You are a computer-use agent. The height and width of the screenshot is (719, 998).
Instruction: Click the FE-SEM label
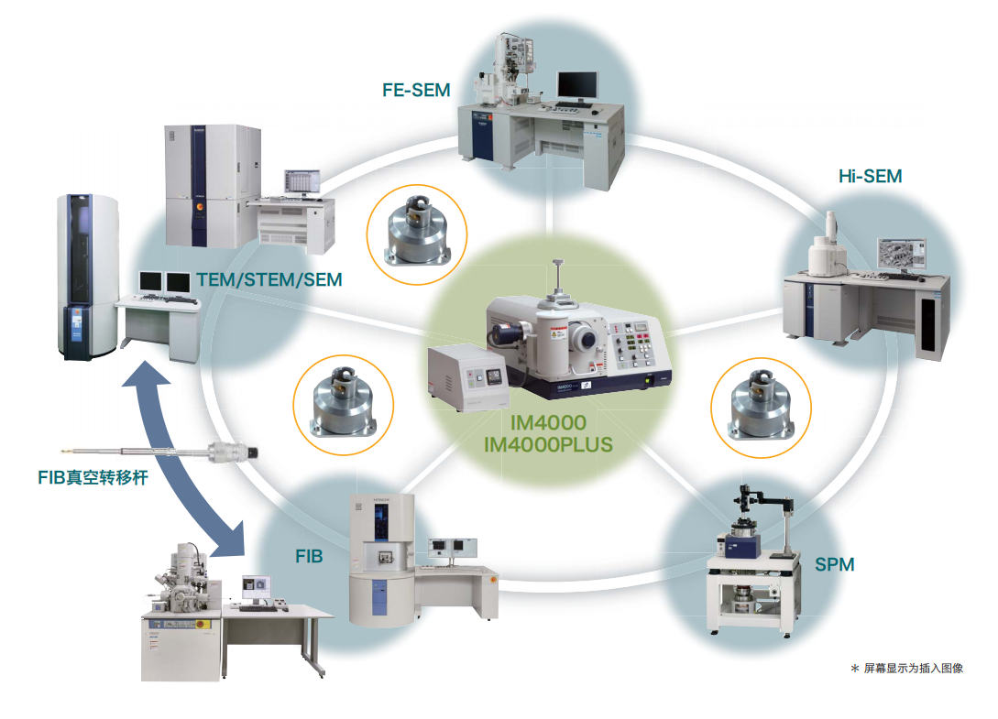(x=416, y=91)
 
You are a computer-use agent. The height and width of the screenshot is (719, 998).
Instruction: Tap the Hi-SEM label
(x=870, y=176)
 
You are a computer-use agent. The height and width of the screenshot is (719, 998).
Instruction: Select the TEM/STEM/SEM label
(x=269, y=279)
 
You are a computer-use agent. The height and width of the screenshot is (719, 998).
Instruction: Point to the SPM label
(x=835, y=564)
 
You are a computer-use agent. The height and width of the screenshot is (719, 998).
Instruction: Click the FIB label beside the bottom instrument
(x=310, y=557)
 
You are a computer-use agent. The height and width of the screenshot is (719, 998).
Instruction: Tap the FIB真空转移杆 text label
(x=93, y=477)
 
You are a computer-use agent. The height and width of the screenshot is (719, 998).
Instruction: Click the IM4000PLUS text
(x=548, y=445)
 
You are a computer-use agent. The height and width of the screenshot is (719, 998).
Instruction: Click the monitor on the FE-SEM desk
(x=577, y=86)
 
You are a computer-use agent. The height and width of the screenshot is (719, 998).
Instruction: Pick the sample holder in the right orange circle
(x=762, y=406)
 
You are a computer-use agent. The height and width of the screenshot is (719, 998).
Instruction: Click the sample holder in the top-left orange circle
(x=418, y=231)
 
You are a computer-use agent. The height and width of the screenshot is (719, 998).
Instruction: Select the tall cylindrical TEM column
(x=88, y=277)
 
